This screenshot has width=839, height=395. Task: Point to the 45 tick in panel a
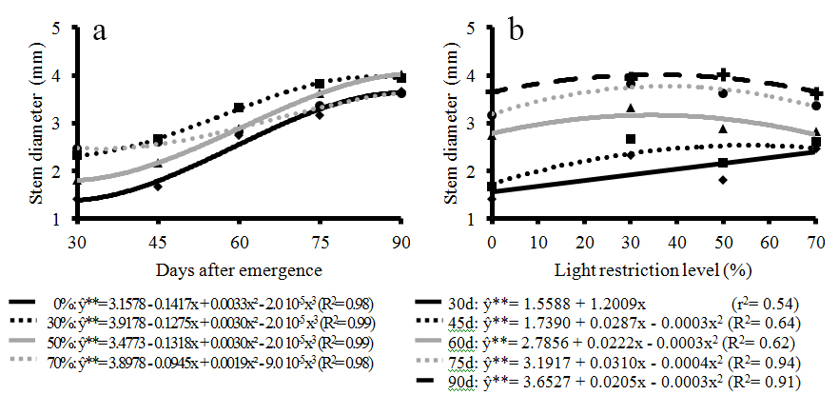(x=157, y=238)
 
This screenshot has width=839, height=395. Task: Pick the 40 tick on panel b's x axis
(x=676, y=238)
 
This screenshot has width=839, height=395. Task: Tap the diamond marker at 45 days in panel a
(x=158, y=186)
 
